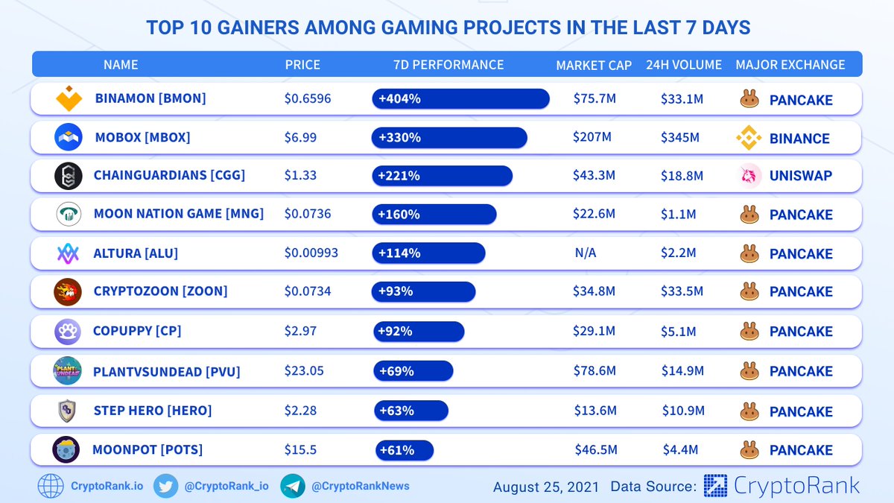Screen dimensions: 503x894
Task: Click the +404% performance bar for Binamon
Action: pos(460,98)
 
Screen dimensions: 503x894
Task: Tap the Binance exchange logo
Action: pos(749,138)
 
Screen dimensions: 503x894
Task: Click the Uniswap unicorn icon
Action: pos(749,176)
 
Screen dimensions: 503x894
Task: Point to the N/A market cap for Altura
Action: pos(586,253)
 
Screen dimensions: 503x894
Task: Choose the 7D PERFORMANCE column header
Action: pos(448,65)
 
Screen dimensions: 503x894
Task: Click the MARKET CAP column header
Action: pos(594,65)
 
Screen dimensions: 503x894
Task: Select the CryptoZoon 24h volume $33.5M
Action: pos(682,291)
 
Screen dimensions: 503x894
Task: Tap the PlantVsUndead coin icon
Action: pos(68,370)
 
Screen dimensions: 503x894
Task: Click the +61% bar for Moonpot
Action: pos(403,450)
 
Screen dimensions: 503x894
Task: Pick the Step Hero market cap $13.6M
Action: pos(595,411)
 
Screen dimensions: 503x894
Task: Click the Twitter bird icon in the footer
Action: pos(165,486)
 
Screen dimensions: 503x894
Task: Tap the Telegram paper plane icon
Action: pos(293,486)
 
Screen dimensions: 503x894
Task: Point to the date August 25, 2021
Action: pos(546,487)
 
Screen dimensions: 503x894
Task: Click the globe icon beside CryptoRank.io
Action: pos(51,486)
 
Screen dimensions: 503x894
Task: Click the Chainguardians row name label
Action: pos(169,176)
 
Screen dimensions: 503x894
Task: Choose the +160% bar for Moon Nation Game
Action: pos(434,215)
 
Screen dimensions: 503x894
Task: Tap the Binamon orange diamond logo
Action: pos(69,98)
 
